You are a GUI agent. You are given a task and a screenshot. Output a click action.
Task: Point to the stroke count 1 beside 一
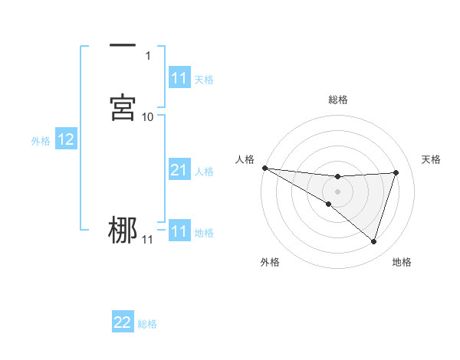148,55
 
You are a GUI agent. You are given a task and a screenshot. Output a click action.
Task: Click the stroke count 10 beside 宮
148,116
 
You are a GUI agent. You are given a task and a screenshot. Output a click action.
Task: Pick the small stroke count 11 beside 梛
148,240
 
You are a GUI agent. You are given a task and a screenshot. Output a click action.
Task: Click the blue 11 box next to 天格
179,78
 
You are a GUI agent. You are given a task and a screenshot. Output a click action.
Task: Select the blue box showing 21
179,170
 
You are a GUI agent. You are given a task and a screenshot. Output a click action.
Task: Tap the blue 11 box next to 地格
179,231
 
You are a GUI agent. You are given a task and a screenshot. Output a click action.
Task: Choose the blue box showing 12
66,139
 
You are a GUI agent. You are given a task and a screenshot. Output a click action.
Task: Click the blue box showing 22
123,322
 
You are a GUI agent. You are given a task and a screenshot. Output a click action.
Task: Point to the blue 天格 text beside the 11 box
204,79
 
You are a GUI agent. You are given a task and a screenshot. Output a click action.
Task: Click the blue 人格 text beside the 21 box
204,171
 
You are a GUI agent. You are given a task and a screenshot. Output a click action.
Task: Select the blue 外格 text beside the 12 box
41,140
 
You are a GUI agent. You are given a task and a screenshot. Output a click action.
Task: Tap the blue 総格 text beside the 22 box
147,323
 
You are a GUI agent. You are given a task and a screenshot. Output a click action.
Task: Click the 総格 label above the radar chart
338,100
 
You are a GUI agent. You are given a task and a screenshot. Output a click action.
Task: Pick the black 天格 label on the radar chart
432,159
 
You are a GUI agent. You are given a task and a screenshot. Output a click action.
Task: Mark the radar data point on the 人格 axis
264,168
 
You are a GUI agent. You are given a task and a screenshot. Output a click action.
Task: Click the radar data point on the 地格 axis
374,241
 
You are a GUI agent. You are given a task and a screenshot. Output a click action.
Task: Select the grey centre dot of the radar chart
338,191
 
